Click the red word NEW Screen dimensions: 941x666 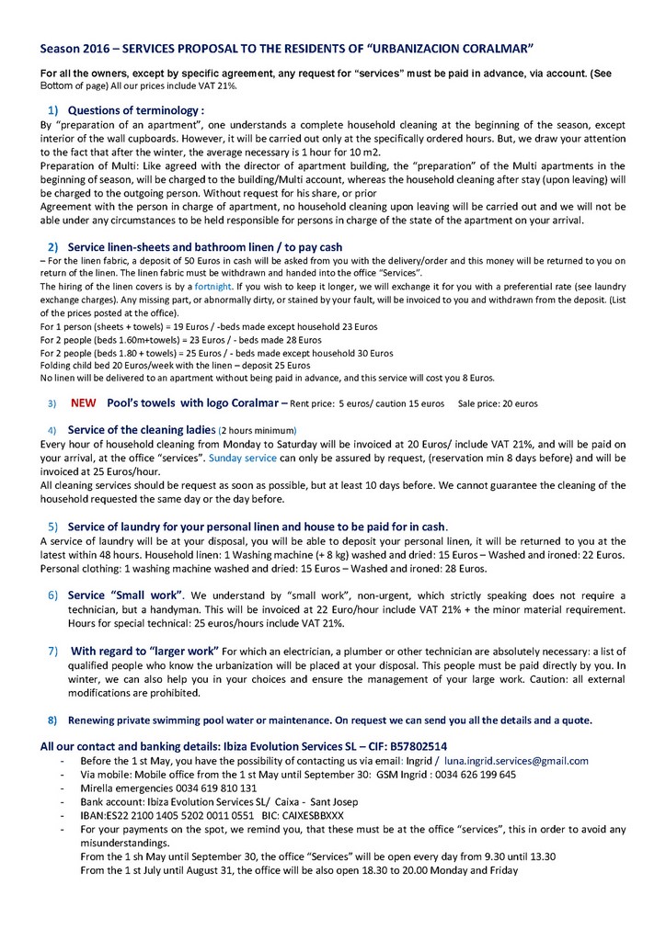coord(84,402)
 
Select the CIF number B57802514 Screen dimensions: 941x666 coord(408,745)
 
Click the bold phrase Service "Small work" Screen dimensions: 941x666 coord(126,595)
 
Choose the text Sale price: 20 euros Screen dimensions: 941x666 coord(498,403)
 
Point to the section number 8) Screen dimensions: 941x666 coord(52,720)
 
